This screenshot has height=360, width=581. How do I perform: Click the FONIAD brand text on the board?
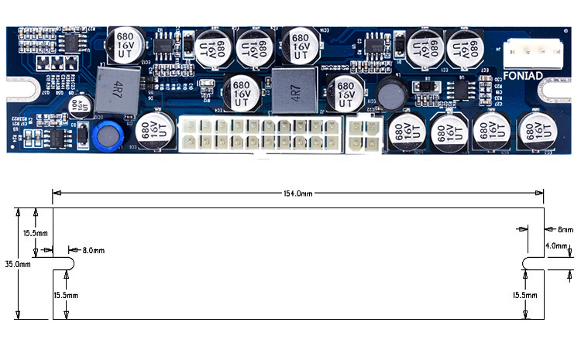tap(520, 76)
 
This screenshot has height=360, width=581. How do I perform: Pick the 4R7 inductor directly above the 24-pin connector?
tap(294, 89)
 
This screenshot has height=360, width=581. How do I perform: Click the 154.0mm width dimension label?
tap(297, 194)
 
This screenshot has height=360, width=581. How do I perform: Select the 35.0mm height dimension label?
tap(17, 264)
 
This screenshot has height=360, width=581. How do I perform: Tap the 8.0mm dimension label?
tap(92, 251)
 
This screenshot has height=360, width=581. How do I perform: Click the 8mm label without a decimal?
tap(565, 229)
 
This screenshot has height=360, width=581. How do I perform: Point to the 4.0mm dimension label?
tap(557, 245)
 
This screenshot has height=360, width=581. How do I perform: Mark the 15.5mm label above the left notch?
tap(36, 232)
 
